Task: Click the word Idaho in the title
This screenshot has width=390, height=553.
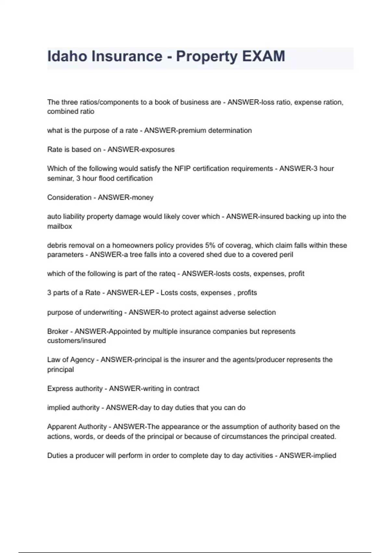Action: click(67, 56)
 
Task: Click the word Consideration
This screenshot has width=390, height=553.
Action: click(69, 197)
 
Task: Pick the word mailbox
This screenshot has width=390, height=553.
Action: click(59, 226)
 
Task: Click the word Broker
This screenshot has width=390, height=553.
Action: click(58, 331)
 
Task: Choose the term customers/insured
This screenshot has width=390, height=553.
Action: click(76, 341)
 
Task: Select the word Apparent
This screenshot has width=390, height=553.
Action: click(60, 427)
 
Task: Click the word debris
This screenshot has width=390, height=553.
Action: click(56, 245)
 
